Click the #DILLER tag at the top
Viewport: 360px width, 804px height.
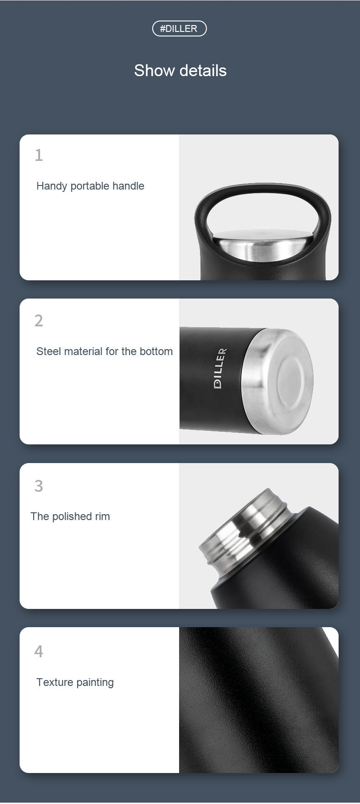tap(179, 29)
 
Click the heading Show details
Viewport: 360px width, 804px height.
tap(180, 71)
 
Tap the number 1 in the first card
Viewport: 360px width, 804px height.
tap(39, 155)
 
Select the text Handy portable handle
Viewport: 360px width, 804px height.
tap(90, 186)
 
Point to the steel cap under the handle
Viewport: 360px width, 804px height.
tap(264, 246)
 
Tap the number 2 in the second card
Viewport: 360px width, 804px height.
tap(39, 321)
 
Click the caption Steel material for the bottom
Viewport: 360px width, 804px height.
tap(104, 351)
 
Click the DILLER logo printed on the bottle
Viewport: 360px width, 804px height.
tap(220, 368)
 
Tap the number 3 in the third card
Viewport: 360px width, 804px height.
tap(39, 486)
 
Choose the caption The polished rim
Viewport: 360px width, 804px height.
tap(70, 516)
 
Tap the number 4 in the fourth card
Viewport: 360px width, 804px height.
tap(39, 651)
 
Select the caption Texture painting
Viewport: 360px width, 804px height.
tap(75, 682)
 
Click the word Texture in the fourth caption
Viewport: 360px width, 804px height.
tap(55, 682)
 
